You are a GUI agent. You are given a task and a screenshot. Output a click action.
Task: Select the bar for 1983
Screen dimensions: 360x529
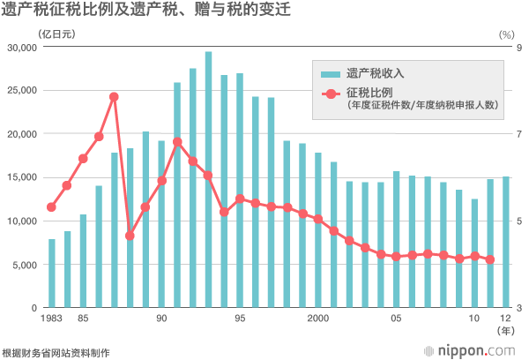point(51,273)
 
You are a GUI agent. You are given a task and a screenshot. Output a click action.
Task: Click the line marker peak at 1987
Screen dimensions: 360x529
point(114,96)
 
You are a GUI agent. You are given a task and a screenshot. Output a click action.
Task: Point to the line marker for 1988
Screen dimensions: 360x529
point(130,236)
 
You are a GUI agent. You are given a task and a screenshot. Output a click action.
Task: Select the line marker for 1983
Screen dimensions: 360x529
point(51,207)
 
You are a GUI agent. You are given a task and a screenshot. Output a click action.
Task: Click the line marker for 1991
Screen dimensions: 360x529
point(177,141)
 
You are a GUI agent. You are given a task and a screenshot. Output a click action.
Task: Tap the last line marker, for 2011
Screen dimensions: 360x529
point(490,259)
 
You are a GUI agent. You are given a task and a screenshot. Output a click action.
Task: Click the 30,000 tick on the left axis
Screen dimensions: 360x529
point(25,47)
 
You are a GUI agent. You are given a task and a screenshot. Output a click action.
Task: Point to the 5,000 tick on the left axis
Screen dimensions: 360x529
point(27,265)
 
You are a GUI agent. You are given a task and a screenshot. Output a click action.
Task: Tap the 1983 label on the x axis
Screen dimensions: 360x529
point(51,319)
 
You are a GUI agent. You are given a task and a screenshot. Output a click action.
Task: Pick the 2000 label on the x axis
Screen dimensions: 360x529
point(318,319)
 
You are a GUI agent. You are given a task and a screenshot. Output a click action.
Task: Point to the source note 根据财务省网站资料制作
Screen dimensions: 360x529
point(56,352)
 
